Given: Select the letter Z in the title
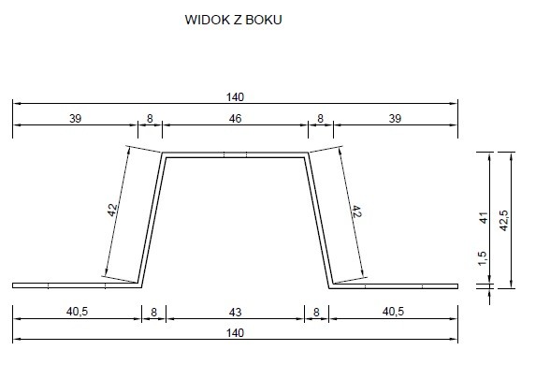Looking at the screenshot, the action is coord(238,20).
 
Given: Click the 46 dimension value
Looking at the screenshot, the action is coord(235,119).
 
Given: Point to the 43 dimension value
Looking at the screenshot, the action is coord(235,312).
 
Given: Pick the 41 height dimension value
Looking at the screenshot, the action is coord(484,218).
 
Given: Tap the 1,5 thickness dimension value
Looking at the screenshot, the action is coord(482,258).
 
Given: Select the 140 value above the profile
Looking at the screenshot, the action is coord(235,97).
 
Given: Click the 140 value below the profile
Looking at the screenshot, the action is coord(235,333).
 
